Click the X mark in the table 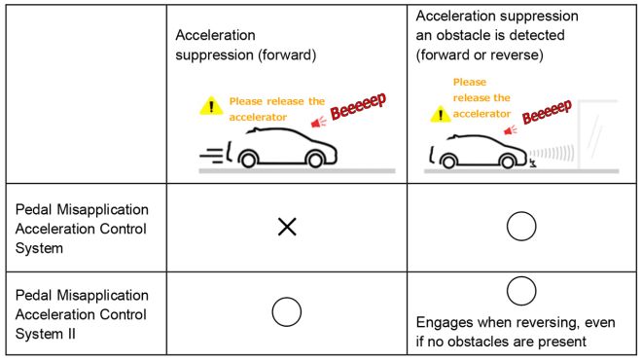(287, 227)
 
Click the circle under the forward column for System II (287, 311)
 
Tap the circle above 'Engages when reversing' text (521, 291)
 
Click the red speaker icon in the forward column (316, 122)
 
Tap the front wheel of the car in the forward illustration (250, 160)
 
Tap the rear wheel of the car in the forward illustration (314, 160)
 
